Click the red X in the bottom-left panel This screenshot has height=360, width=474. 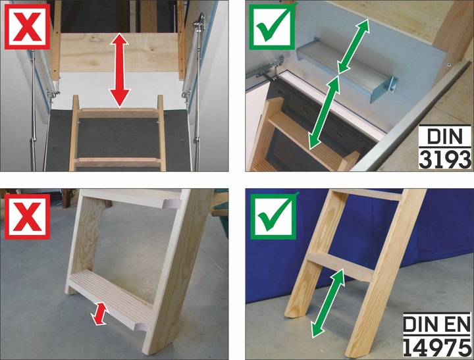pos(27,217)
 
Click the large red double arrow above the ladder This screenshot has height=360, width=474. pos(120,70)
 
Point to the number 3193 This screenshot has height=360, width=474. pos(445,159)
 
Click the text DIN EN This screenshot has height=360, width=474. pos(437,323)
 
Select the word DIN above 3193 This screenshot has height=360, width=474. pos(445,136)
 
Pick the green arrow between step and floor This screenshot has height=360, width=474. pos(328,303)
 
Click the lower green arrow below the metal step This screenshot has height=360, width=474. pos(324,112)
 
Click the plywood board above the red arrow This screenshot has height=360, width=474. pos(120,52)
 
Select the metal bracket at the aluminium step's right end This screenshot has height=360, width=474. pos(392,86)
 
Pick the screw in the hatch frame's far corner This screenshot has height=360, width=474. pos(448,64)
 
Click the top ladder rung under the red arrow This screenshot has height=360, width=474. pos(119,113)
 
